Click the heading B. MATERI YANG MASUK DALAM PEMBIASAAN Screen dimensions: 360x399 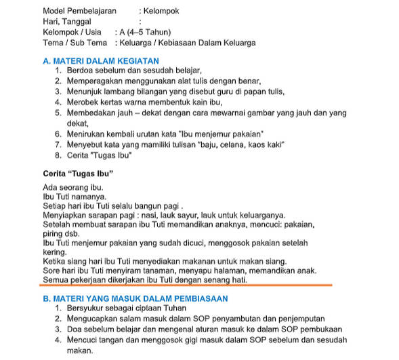pos(135,298)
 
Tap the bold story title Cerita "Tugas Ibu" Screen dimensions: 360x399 pos(77,174)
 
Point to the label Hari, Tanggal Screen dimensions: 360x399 pos(65,22)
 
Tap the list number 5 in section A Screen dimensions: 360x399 pos(58,113)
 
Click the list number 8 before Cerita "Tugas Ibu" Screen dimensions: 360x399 pos(58,155)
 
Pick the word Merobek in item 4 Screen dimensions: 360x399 pos(84,102)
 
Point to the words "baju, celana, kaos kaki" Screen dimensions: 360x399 pos(236,144)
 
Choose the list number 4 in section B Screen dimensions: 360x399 pos(58,341)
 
